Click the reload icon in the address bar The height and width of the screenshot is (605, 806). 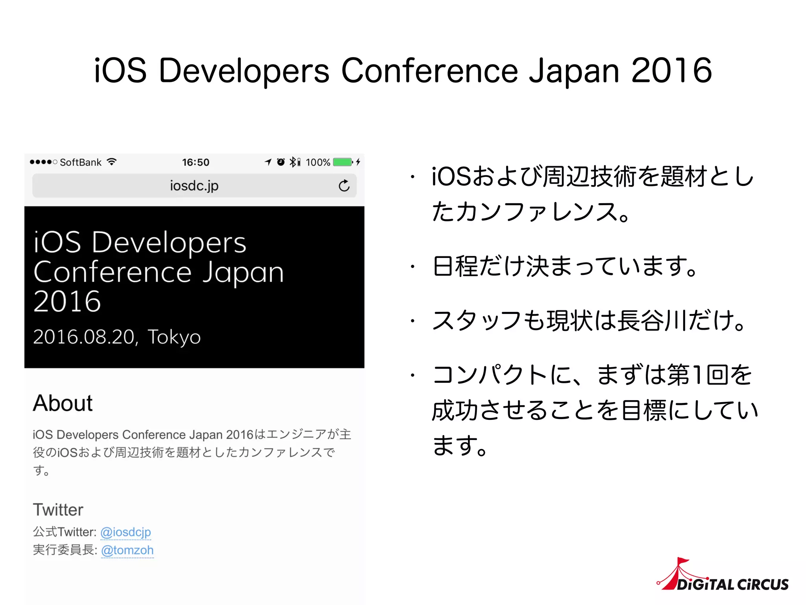coord(344,186)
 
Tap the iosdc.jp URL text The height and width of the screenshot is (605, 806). coord(194,186)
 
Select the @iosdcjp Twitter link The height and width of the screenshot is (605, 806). coord(126,532)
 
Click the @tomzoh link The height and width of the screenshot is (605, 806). coord(127,550)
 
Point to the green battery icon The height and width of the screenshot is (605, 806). coord(342,162)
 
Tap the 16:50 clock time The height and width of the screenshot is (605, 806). coord(196,162)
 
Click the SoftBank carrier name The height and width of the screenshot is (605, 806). coord(81,162)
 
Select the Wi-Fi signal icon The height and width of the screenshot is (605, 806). coord(112,162)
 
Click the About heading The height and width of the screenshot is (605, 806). coord(63,403)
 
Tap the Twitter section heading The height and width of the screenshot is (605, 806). coord(58,510)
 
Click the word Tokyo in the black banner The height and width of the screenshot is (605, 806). coord(174,337)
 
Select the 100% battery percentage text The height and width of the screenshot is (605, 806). coord(318,162)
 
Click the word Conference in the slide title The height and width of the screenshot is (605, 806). coord(429,71)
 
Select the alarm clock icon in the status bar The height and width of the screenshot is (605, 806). coord(281,162)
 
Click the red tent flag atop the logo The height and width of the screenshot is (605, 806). coord(682,561)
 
